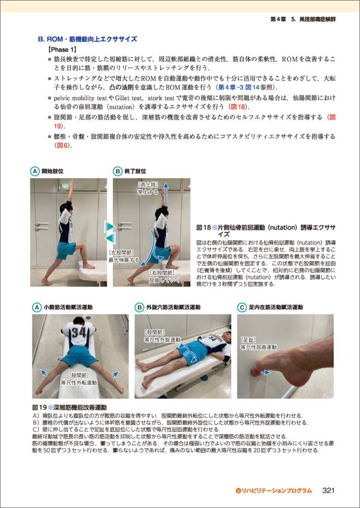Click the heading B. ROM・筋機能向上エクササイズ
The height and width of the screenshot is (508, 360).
(87, 40)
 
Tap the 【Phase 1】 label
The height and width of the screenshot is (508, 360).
(61, 50)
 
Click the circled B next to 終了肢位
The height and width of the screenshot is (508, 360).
(117, 170)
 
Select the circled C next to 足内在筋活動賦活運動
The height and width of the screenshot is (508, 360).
(242, 307)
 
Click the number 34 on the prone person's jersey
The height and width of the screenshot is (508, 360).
(79, 333)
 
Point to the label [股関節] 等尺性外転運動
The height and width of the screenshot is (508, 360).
(79, 379)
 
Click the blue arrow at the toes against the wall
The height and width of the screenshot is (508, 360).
(266, 373)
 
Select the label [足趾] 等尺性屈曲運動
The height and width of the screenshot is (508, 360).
(258, 344)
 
